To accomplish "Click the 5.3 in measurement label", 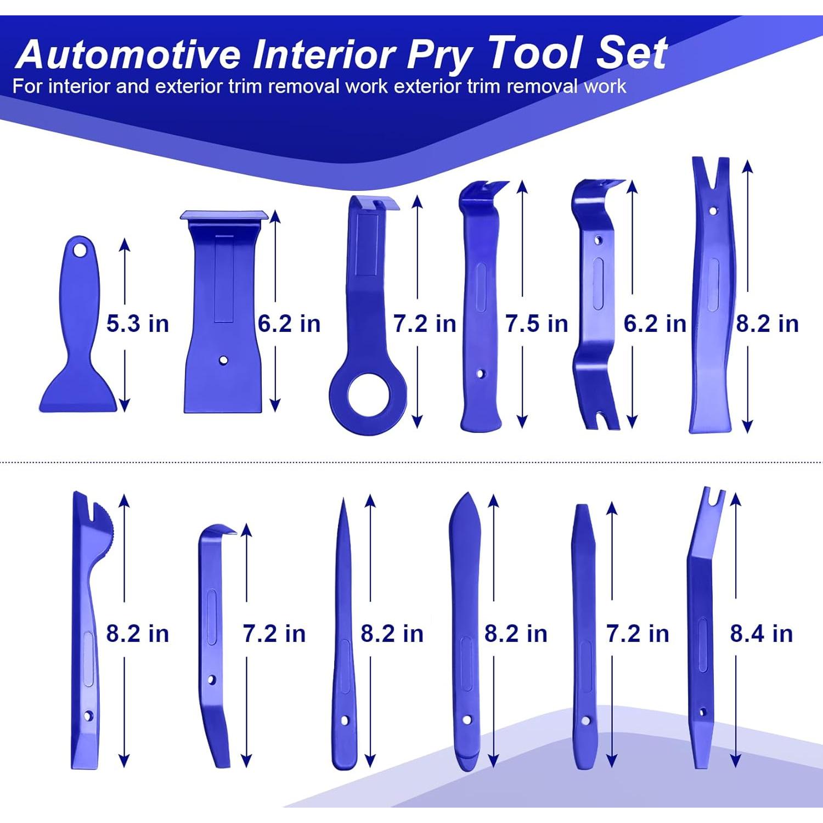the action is tap(137, 324).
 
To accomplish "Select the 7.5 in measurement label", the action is tap(537, 324).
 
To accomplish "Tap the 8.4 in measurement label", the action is tap(762, 634).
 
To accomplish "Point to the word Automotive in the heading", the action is tap(129, 54).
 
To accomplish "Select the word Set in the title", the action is tap(632, 53).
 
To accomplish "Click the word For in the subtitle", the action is tap(27, 87).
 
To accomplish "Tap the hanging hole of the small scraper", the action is tap(81, 250).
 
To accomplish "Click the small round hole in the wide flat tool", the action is tap(223, 360).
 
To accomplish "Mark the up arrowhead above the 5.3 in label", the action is tap(125, 245).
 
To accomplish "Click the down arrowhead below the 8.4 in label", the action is tap(736, 761).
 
